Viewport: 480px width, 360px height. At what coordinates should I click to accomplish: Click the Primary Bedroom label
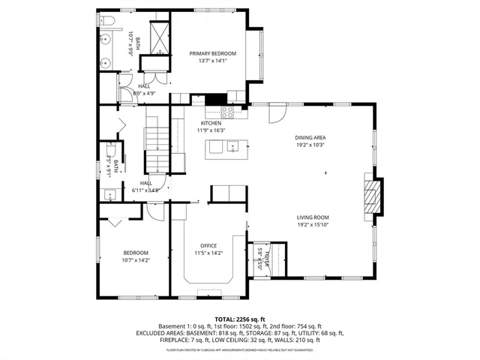click(x=212, y=53)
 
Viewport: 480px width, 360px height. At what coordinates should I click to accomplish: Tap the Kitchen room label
click(x=211, y=123)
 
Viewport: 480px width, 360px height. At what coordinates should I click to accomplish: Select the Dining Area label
click(x=310, y=137)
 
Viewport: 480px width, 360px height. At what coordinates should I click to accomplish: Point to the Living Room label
click(x=313, y=217)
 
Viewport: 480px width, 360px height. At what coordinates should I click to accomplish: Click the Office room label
click(x=208, y=246)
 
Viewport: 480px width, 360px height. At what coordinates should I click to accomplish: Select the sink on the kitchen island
click(x=232, y=145)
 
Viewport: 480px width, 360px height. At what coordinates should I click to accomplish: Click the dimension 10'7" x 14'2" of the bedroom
click(x=136, y=260)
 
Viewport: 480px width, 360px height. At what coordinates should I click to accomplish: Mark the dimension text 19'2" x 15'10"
click(x=313, y=224)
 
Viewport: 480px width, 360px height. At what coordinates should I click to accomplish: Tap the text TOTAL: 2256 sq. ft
click(x=240, y=319)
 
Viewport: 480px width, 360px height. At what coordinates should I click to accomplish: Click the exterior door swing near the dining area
click(x=277, y=112)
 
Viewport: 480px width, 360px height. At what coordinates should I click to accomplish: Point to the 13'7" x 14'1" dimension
click(x=212, y=61)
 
